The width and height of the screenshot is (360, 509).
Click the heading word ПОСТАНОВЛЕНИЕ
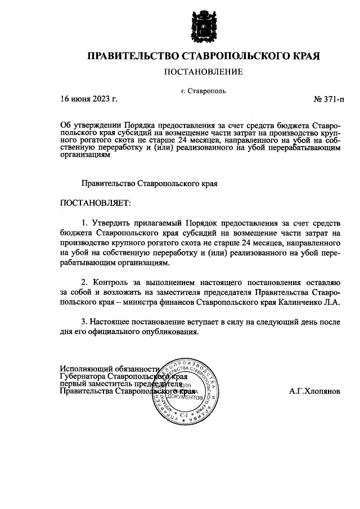click(x=203, y=71)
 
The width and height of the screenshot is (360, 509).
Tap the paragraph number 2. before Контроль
click(x=85, y=282)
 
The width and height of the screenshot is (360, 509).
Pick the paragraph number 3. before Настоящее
click(x=85, y=321)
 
